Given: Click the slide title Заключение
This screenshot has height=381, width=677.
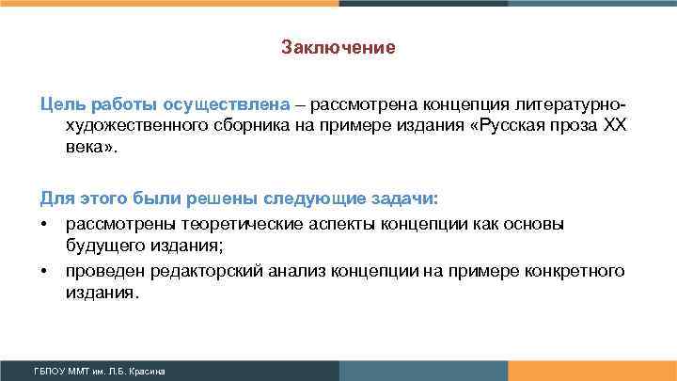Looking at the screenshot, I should pos(338,46).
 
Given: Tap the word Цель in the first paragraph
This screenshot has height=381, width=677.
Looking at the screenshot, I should pos(59,103).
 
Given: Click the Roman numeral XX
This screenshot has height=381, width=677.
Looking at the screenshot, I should pos(613,126).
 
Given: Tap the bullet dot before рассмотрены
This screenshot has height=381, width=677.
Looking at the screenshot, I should pos(44,224).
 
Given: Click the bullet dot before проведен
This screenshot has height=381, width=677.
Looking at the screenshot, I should pos(44,272).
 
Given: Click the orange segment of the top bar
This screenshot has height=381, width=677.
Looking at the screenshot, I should pos(169,3).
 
